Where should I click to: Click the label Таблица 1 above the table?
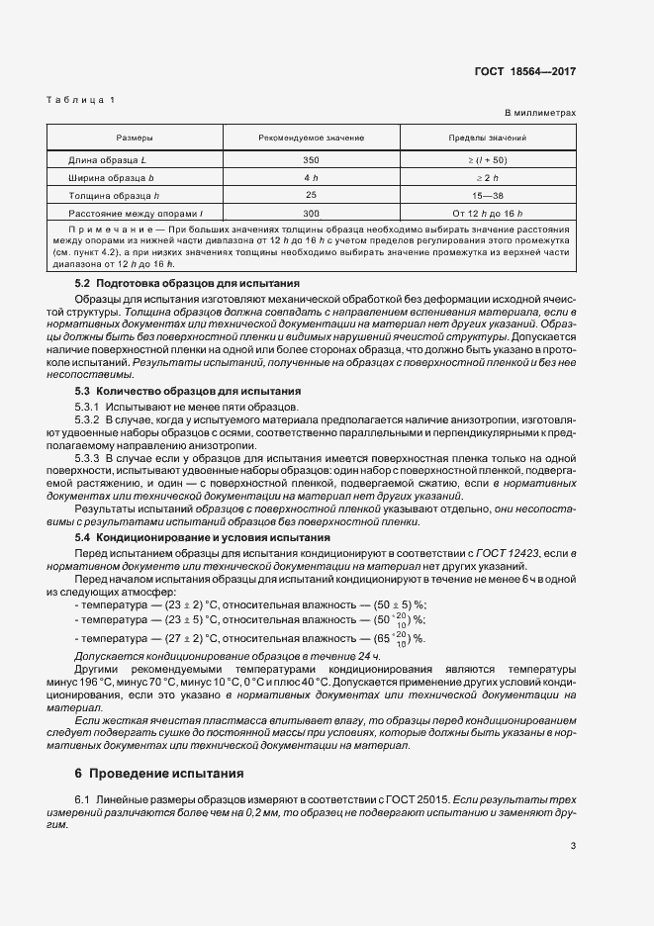tap(80, 100)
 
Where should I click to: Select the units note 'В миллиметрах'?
tap(541, 114)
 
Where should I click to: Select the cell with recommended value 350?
tap(311, 159)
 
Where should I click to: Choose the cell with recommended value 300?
tap(311, 213)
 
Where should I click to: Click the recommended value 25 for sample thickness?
tap(311, 195)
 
